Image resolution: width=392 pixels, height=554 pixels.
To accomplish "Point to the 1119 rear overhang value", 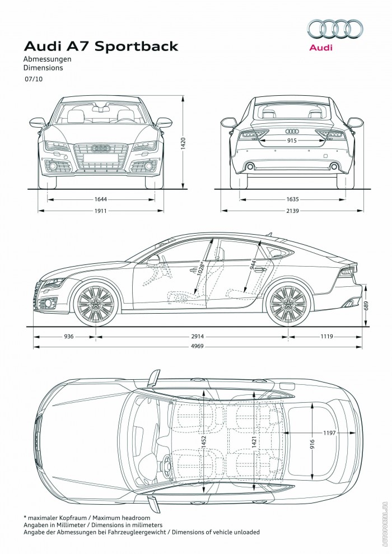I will (x=326, y=336).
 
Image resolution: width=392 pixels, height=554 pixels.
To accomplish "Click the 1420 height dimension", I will (x=183, y=145).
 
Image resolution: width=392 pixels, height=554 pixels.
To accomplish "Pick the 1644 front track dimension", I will (x=101, y=199).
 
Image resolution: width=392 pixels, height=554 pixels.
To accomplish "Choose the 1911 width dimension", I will (x=101, y=211).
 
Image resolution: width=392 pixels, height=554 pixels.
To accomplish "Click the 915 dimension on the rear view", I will (x=292, y=141).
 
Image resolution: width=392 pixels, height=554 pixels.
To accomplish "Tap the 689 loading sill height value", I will (x=366, y=305).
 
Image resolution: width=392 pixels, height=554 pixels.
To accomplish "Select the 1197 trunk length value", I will (x=330, y=433).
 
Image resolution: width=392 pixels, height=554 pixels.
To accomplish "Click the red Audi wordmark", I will (x=321, y=48).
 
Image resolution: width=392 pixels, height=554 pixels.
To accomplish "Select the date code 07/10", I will (x=33, y=80).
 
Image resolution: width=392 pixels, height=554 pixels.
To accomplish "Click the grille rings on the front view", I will (x=101, y=148).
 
